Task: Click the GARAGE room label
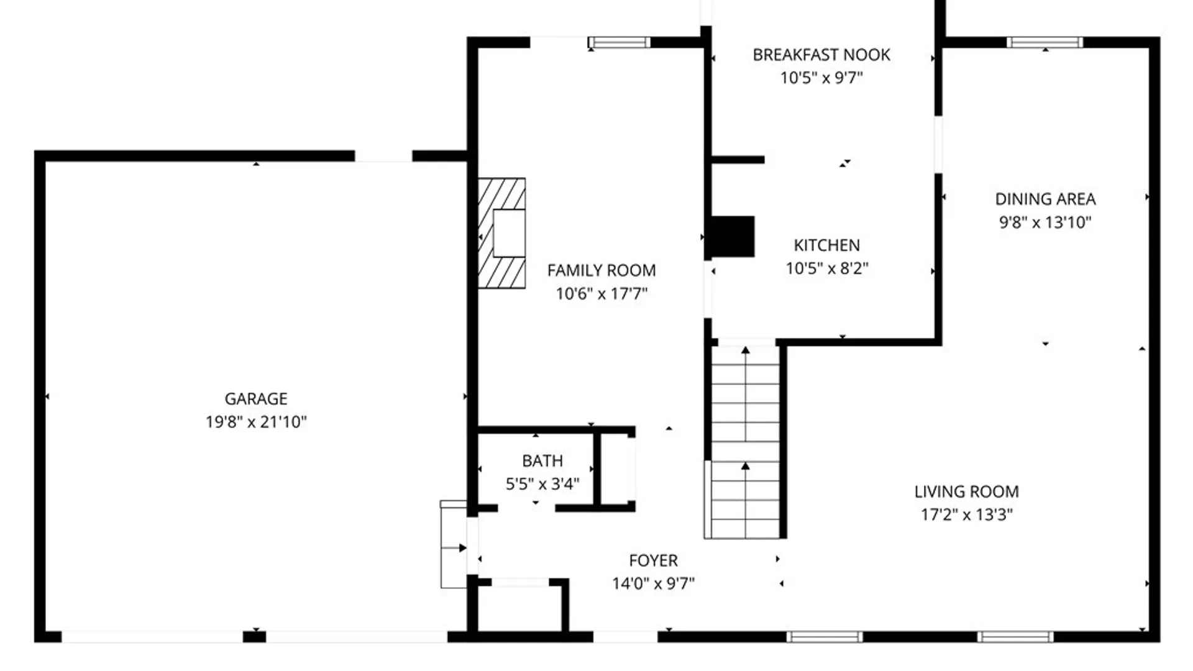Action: pyautogui.click(x=256, y=398)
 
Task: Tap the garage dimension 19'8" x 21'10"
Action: pyautogui.click(x=256, y=422)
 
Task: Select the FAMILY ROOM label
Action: pyautogui.click(x=601, y=270)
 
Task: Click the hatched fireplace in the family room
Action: pyautogui.click(x=501, y=233)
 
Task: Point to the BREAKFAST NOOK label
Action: pyautogui.click(x=821, y=55)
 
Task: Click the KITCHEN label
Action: pyautogui.click(x=826, y=245)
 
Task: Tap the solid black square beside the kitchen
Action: pyautogui.click(x=733, y=237)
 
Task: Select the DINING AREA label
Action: pyautogui.click(x=1045, y=199)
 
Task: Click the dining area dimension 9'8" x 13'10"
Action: pyautogui.click(x=1045, y=222)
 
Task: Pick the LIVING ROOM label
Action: pyautogui.click(x=966, y=491)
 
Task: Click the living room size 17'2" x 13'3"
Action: pyautogui.click(x=966, y=514)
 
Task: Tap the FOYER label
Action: pyautogui.click(x=653, y=560)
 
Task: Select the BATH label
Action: pyautogui.click(x=542, y=461)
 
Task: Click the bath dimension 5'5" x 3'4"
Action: pyautogui.click(x=542, y=484)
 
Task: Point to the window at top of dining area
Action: pyautogui.click(x=1044, y=42)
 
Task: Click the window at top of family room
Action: pyautogui.click(x=619, y=42)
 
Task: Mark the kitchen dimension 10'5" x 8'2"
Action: pyautogui.click(x=826, y=268)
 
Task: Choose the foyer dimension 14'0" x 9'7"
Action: pyautogui.click(x=653, y=583)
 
